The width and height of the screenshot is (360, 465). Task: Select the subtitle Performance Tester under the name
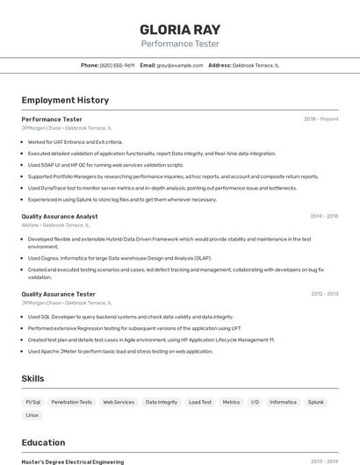[x=180, y=44]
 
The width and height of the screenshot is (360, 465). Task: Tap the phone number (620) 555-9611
[x=118, y=65]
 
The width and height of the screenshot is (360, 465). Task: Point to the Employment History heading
[x=65, y=100]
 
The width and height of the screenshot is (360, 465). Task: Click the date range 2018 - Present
[x=321, y=118]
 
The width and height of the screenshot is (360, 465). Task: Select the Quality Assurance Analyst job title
[x=60, y=216]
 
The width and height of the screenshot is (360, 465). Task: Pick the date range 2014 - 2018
[x=324, y=216]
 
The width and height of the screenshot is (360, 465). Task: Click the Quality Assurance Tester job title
[x=59, y=294]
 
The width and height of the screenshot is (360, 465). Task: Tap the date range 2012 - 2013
[x=324, y=294]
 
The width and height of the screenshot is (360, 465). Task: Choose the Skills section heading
[x=33, y=378]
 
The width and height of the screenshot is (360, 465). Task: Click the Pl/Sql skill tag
[x=33, y=402]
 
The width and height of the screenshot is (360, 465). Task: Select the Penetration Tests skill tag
[x=71, y=402]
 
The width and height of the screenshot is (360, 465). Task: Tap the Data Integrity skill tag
[x=162, y=402]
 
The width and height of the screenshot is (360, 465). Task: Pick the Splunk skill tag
[x=316, y=402]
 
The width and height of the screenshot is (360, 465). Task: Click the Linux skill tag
[x=32, y=415]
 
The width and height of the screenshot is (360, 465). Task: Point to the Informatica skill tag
[x=283, y=402]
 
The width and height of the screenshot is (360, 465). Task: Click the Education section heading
[x=43, y=443]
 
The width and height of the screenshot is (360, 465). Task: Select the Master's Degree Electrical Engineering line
[x=73, y=461]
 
